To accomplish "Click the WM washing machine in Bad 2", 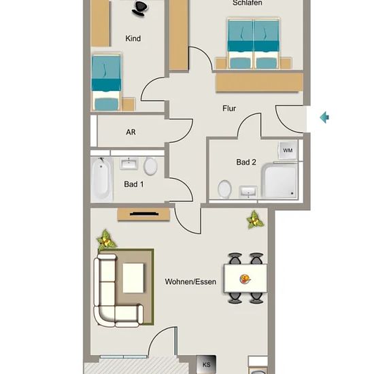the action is [x=288, y=150].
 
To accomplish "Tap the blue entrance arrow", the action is [x=324, y=117].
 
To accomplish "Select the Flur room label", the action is [x=229, y=109].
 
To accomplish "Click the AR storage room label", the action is [x=131, y=132].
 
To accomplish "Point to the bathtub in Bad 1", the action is [x=101, y=179].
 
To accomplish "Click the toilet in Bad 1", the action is [x=150, y=165].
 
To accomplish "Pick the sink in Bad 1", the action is [x=129, y=163].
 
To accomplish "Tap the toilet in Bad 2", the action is [x=224, y=189].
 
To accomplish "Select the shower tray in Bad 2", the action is [x=279, y=181].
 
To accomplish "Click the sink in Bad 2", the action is [x=248, y=192].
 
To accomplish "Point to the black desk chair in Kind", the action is [x=139, y=8].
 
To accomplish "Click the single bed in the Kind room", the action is [x=106, y=82].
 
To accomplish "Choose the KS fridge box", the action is [x=206, y=364].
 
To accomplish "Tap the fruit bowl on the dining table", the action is [x=245, y=279].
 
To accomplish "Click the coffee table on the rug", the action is [x=133, y=278].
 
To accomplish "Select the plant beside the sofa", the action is [x=105, y=240].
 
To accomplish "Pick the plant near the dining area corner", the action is [x=255, y=220].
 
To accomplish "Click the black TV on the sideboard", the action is [x=144, y=214].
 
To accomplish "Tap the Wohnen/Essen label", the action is [x=190, y=282].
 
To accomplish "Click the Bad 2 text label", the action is [x=246, y=163].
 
